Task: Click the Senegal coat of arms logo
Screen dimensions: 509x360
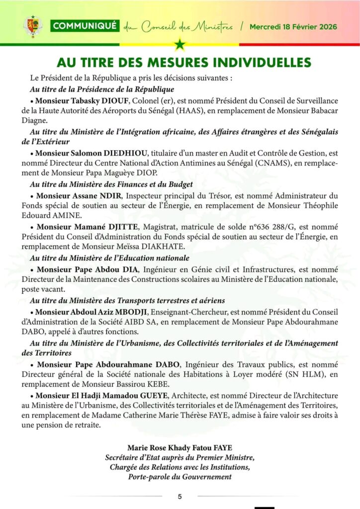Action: pyautogui.click(x=33, y=26)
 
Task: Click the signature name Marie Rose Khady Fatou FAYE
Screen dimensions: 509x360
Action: pyautogui.click(x=180, y=447)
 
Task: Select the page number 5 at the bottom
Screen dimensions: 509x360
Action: pyautogui.click(x=180, y=496)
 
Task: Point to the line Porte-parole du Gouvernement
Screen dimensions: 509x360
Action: pyautogui.click(x=180, y=477)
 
